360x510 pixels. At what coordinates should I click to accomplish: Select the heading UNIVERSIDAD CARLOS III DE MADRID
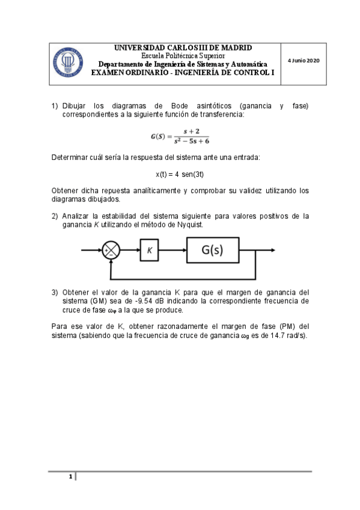(183, 48)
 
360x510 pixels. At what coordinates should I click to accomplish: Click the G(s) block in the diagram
(221, 250)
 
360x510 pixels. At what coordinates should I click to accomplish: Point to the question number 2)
(55, 216)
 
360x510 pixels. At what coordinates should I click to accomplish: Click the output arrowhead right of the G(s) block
(273, 250)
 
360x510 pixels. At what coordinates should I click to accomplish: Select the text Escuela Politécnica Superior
(183, 56)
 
